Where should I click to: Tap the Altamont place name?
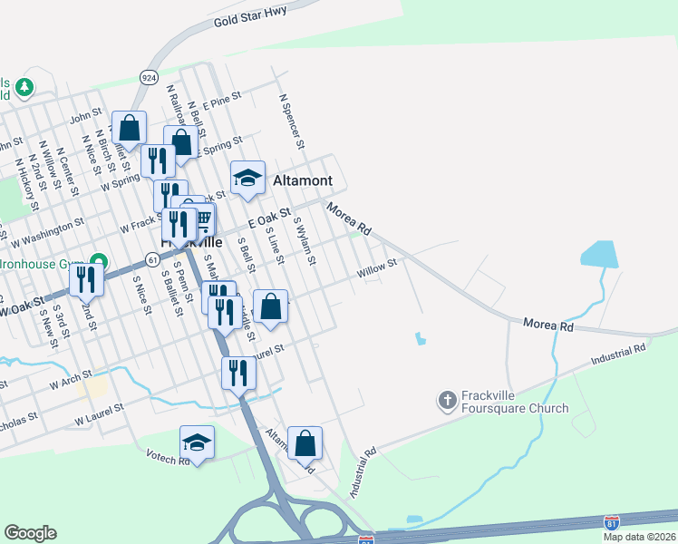click(x=303, y=180)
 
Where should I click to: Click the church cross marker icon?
click(x=447, y=399)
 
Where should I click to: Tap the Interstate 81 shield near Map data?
click(x=613, y=522)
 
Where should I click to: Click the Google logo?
click(x=30, y=533)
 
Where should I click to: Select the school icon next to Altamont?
click(x=247, y=178)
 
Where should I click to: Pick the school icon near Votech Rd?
click(x=197, y=442)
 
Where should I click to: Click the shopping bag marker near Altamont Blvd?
click(x=305, y=443)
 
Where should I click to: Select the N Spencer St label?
click(x=292, y=120)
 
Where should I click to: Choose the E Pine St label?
click(x=222, y=100)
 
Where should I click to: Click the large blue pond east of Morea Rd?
click(x=599, y=254)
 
